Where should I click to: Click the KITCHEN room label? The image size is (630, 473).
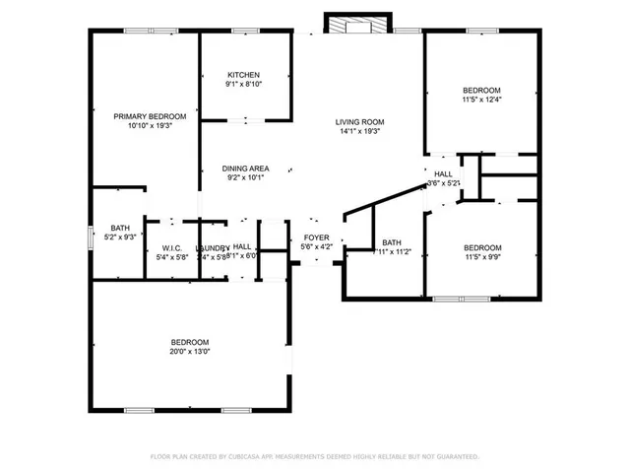point(243,75)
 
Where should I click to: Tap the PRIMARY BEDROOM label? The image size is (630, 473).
point(149,116)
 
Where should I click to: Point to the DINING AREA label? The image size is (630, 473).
point(245,169)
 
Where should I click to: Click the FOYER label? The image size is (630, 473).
point(316,237)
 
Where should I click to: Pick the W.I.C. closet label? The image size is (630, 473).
point(171,247)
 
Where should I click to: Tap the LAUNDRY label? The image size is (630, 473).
point(212,247)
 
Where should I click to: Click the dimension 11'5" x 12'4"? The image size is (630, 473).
point(481,99)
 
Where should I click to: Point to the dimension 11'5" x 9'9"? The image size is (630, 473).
point(481,257)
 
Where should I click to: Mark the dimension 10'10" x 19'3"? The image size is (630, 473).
point(149,126)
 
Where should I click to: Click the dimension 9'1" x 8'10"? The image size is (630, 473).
point(243,85)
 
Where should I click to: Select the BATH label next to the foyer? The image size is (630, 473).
point(392,242)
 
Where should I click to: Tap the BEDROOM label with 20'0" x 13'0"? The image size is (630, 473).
point(190,341)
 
